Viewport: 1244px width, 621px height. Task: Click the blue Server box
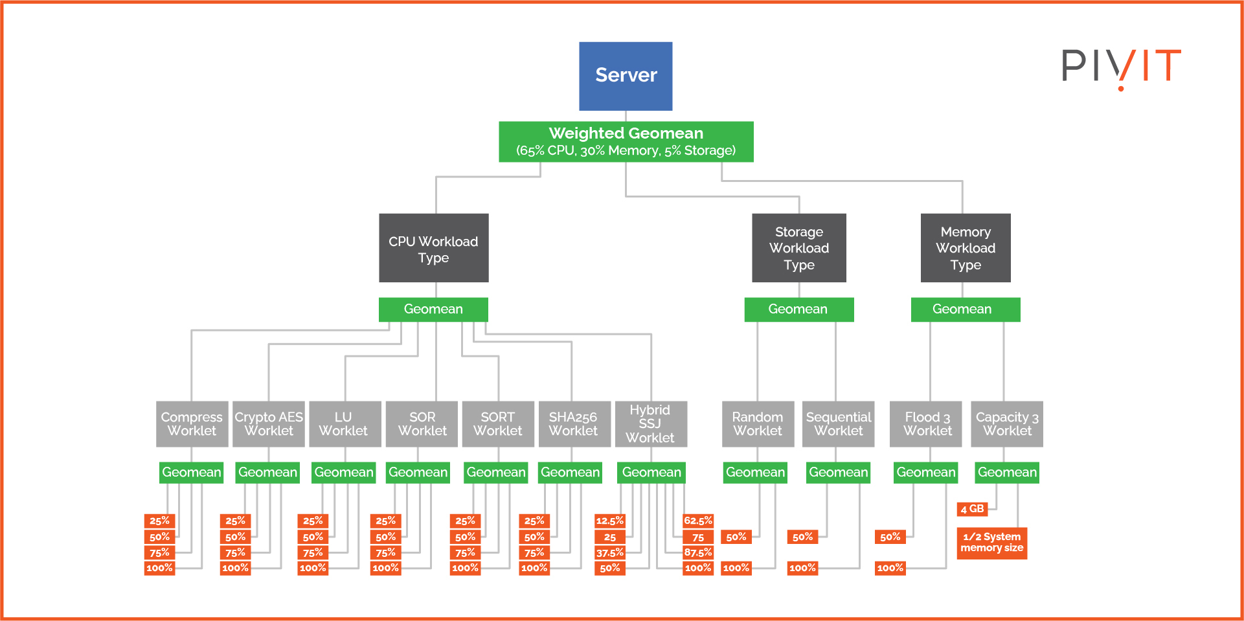pyautogui.click(x=626, y=76)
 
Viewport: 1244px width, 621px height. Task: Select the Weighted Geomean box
pyautogui.click(x=626, y=141)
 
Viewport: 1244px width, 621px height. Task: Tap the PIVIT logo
pyautogui.click(x=1121, y=67)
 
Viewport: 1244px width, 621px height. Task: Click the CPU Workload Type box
pyautogui.click(x=433, y=248)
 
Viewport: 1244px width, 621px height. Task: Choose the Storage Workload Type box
pyautogui.click(x=798, y=248)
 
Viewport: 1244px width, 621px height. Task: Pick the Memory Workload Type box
pyautogui.click(x=965, y=248)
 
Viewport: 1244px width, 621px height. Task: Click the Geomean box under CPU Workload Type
pyautogui.click(x=433, y=309)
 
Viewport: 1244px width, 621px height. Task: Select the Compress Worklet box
pyautogui.click(x=192, y=424)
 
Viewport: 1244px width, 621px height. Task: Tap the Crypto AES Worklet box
pyautogui.click(x=268, y=424)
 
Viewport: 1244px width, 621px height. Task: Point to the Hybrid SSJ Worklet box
pyautogui.click(x=650, y=424)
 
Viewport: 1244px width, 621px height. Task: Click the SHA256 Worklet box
pyautogui.click(x=574, y=424)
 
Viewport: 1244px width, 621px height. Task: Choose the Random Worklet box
pyautogui.click(x=758, y=424)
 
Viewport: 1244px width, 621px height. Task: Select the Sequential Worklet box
pyautogui.click(x=838, y=424)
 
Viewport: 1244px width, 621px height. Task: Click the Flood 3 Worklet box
pyautogui.click(x=927, y=424)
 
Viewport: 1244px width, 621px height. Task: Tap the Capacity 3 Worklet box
pyautogui.click(x=1007, y=424)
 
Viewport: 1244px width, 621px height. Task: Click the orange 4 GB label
pyautogui.click(x=971, y=509)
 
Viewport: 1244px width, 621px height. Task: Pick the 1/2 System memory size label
pyautogui.click(x=991, y=543)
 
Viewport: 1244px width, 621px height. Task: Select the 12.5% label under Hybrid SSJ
pyautogui.click(x=609, y=521)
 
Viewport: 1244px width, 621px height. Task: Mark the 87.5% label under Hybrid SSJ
pyautogui.click(x=697, y=552)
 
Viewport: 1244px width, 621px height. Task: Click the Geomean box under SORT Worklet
pyautogui.click(x=496, y=472)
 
